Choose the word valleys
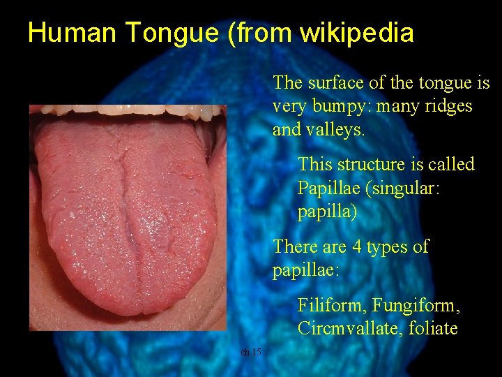point(337,129)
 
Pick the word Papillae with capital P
point(326,188)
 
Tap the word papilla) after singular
point(327,212)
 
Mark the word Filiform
point(332,306)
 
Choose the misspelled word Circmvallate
point(343,329)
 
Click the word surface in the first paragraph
point(337,82)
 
